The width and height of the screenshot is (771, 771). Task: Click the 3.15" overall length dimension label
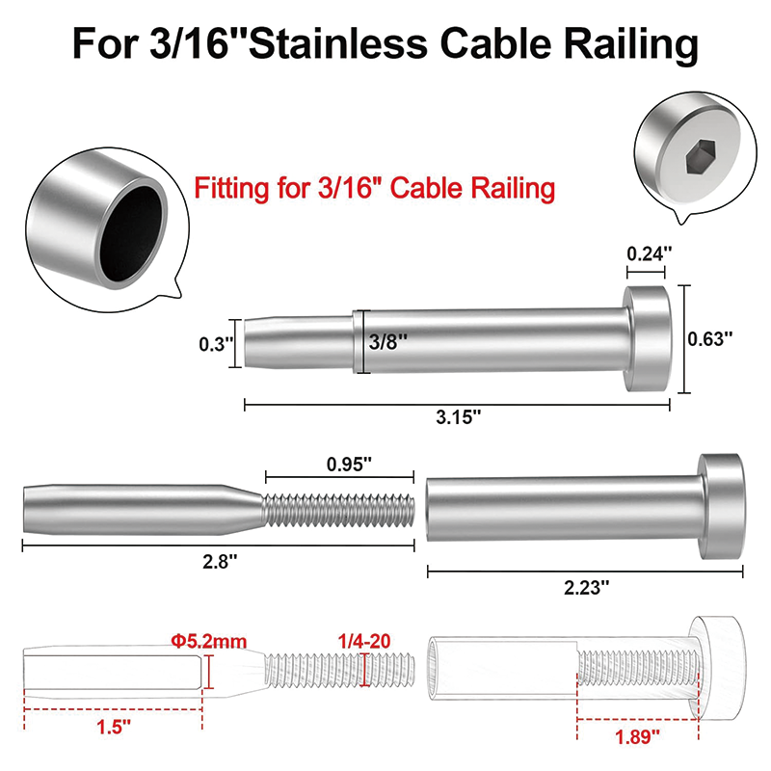(x=458, y=417)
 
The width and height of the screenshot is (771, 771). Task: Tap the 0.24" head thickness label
(x=647, y=254)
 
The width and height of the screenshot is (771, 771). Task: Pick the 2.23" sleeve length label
(x=585, y=586)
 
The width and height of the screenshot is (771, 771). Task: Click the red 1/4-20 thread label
(x=366, y=639)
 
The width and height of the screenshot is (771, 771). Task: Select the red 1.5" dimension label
(x=113, y=730)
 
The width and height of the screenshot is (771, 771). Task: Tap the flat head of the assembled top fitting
(x=648, y=339)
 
